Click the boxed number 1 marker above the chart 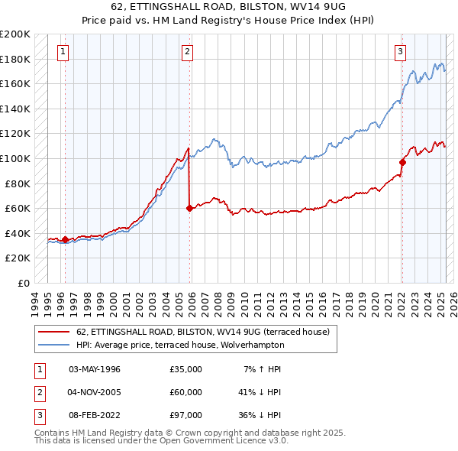[x=62, y=52]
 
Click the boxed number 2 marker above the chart [x=187, y=52]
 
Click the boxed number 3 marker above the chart [x=399, y=52]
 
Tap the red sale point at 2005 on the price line [x=189, y=208]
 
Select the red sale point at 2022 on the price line [x=402, y=162]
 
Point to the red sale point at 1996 [x=65, y=239]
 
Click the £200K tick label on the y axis [x=15, y=34]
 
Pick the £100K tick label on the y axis [x=15, y=158]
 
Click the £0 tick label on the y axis [x=23, y=283]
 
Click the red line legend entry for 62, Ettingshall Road [x=202, y=332]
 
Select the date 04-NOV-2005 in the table [x=95, y=392]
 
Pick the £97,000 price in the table [x=185, y=415]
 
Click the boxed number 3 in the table [x=37, y=415]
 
